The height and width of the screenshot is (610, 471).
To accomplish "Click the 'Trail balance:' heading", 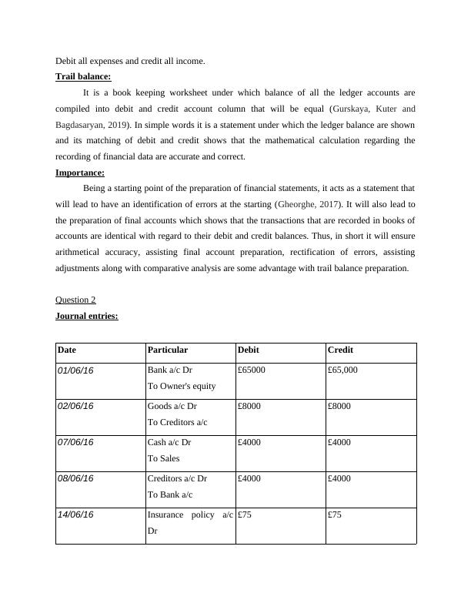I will [83, 77].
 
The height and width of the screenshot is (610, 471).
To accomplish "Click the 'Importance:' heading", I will [80, 173].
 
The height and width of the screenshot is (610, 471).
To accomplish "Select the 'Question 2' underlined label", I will [75, 300].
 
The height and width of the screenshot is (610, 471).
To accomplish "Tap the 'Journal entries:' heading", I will [87, 316].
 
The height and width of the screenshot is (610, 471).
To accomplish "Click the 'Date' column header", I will [67, 350].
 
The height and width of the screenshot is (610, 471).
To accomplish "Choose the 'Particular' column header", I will [167, 350].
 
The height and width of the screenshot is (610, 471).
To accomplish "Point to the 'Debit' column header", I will [249, 350].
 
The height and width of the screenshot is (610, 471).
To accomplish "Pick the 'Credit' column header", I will [340, 350].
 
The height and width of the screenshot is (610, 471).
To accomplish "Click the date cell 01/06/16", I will [75, 370].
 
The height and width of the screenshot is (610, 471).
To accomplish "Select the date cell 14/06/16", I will [75, 514].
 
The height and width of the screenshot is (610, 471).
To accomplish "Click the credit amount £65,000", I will [342, 370].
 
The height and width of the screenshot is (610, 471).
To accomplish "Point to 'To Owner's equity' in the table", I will [182, 386].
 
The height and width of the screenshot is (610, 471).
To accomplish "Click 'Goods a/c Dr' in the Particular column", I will [172, 406].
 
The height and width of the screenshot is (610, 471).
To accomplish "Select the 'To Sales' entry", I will [163, 458].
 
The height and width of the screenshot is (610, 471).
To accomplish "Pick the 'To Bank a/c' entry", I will [170, 494].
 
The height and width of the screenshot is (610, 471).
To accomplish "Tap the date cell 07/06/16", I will [75, 442].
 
